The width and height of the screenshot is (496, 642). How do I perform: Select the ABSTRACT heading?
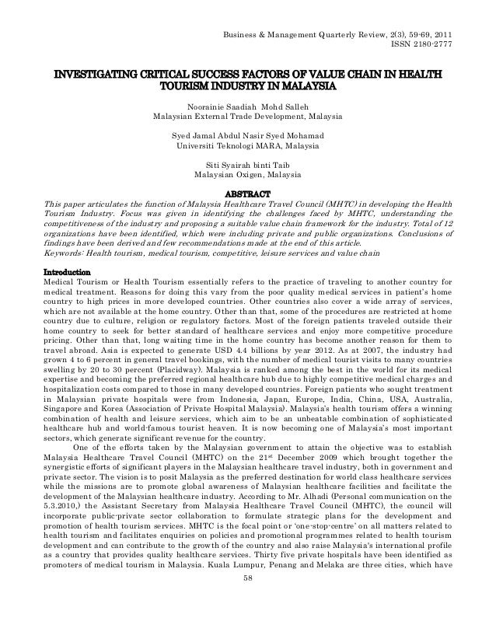point(247,193)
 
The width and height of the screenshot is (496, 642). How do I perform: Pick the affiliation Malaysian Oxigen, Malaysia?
point(247,176)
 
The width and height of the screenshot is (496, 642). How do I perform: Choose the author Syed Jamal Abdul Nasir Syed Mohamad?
point(247,134)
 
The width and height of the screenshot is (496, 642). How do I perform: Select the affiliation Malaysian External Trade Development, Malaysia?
point(247,118)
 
